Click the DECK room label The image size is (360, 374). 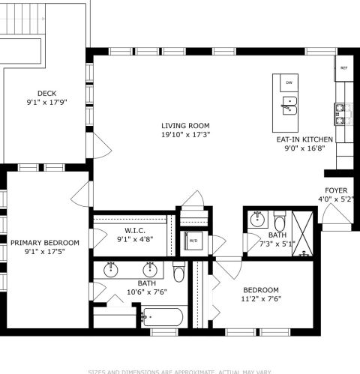[x=46, y=94]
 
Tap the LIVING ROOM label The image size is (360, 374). [x=185, y=126]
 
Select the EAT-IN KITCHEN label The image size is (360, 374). [x=304, y=139]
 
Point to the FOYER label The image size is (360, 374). [x=335, y=190]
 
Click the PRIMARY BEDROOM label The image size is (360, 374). [x=44, y=242]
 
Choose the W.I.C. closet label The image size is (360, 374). [x=134, y=230]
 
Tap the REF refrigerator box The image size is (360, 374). [x=344, y=68]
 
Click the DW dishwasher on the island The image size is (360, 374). [x=289, y=82]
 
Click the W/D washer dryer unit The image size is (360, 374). [x=193, y=241]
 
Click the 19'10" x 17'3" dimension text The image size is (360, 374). [x=185, y=136]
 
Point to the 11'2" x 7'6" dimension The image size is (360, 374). [x=260, y=300]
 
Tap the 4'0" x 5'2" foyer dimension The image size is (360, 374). [x=335, y=200]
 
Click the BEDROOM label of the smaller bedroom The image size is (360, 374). [x=260, y=290]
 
